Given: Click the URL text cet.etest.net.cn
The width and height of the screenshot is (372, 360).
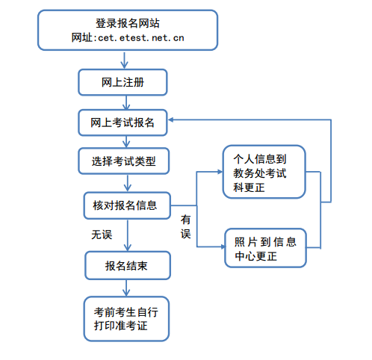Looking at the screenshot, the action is point(141,38).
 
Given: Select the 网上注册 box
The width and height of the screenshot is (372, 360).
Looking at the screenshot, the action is point(123,82).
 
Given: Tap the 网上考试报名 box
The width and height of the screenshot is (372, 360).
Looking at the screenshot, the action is point(123,122).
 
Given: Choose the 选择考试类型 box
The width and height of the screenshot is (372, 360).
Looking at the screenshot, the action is point(124,161).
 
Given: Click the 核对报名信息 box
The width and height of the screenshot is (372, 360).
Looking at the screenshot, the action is point(127,205).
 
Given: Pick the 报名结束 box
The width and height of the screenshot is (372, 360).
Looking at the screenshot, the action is point(128,265).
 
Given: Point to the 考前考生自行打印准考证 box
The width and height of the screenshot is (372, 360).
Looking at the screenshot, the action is point(126,319).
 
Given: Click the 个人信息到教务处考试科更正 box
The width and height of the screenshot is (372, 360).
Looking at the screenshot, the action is point(264,172).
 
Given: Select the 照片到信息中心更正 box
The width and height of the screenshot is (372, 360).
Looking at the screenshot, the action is point(265,248).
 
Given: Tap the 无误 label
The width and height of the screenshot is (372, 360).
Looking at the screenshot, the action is point(102,235).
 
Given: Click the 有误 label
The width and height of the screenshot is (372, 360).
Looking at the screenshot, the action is point(186,227).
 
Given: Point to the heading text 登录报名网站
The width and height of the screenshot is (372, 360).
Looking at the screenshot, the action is point(128,23).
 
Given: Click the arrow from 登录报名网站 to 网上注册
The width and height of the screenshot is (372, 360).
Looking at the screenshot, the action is point(124,60).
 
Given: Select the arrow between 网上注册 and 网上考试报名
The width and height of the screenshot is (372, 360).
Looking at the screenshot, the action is point(126,102).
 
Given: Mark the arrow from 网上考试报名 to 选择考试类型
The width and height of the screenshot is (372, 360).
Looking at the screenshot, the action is point(126,142).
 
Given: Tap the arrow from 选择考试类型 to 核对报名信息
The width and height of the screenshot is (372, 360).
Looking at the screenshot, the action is point(128,183).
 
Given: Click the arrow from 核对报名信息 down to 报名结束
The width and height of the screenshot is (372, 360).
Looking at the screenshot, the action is point(128,235).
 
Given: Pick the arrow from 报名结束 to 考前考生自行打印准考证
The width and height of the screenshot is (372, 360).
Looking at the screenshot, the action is point(126,288).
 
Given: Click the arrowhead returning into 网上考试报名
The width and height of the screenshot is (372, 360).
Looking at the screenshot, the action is point(170,120).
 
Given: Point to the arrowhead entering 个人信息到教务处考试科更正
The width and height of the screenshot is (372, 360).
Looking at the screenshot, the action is point(220,172).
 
